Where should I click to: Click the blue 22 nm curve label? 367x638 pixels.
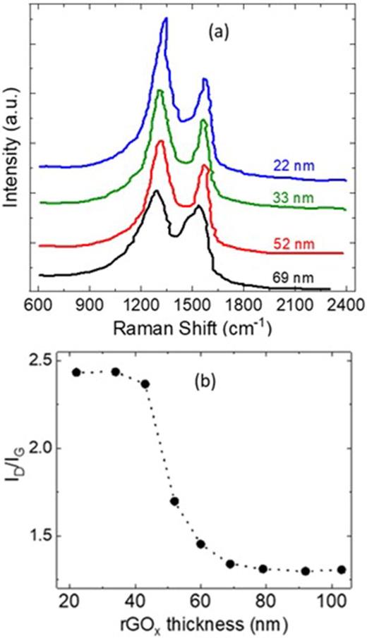click(291, 167)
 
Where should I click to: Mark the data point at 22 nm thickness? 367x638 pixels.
click(77, 372)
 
